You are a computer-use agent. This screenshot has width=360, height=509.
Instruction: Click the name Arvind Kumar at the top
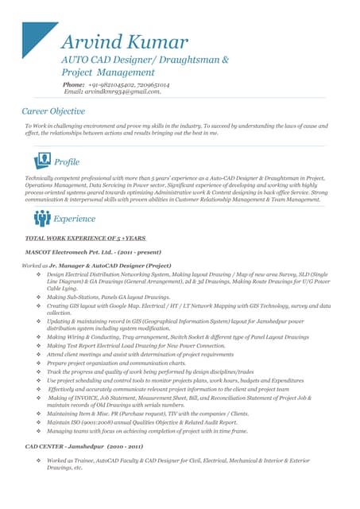click(x=124, y=42)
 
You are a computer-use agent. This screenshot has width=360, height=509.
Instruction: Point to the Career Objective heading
click(x=53, y=111)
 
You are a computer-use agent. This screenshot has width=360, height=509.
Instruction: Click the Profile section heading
click(x=68, y=162)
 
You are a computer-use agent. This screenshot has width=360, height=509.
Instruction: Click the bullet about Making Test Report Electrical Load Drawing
click(x=135, y=346)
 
